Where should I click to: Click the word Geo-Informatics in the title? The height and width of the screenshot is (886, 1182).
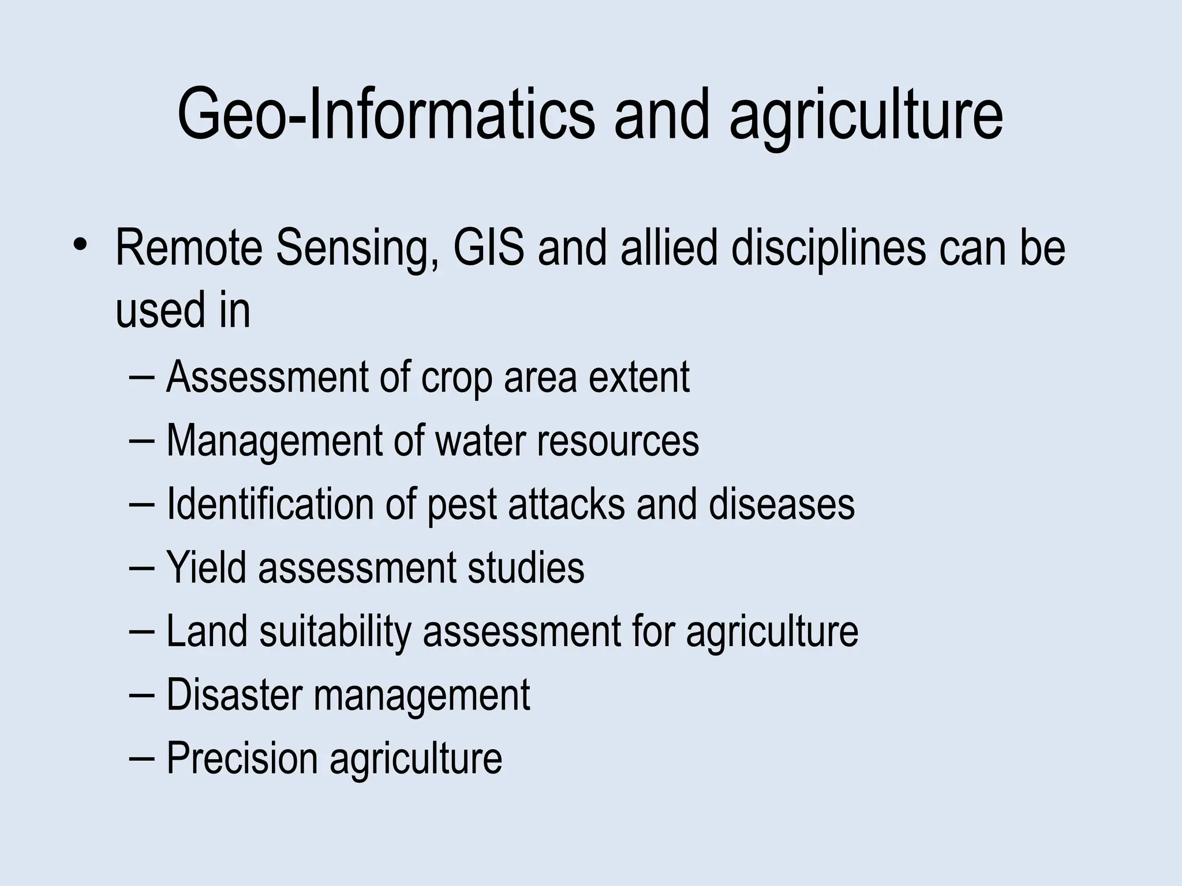386,114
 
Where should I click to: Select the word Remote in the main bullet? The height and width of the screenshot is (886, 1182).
189,248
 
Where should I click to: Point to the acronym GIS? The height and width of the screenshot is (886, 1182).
489,248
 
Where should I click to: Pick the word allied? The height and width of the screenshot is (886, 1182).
669,248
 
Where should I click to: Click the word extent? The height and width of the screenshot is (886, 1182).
639,377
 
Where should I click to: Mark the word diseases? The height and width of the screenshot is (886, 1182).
781,504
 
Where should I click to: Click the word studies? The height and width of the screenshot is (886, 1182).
526,568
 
